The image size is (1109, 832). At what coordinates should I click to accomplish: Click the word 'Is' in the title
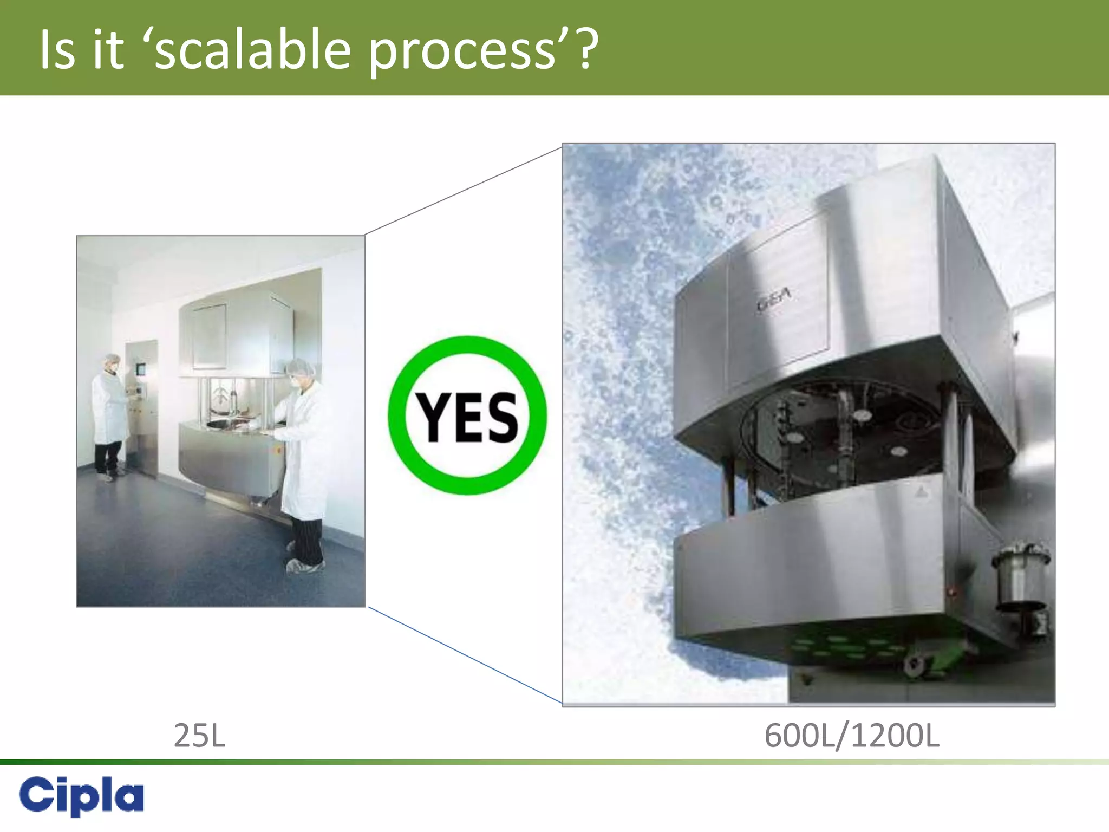point(57,50)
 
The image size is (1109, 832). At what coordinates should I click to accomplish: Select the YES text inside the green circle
point(467,417)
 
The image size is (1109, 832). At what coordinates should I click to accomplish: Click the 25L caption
point(199,736)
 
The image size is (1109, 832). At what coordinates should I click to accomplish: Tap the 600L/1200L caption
point(851,736)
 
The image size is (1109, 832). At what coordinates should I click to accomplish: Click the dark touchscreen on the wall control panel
point(141,370)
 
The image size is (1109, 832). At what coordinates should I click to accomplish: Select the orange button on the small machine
point(278,450)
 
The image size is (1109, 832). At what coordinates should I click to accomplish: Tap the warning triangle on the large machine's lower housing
point(921,492)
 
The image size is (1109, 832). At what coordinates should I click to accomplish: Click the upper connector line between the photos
point(464,191)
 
